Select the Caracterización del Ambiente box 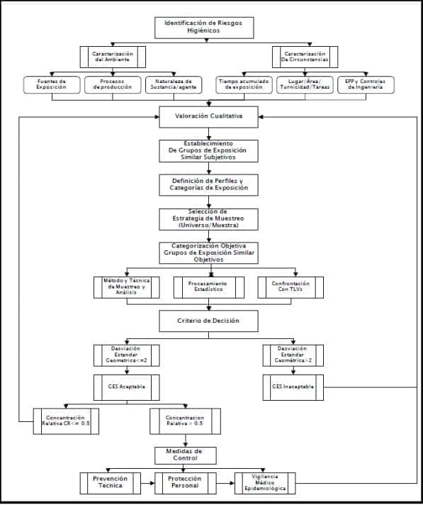point(113,57)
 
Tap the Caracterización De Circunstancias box point(305,57)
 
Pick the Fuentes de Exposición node point(51,85)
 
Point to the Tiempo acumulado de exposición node point(243,85)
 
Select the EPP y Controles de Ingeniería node point(366,85)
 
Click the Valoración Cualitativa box point(208,116)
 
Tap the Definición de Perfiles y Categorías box point(208,184)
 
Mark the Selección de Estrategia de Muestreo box point(208,218)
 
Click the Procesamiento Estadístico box point(208,287)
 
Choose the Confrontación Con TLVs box point(291,287)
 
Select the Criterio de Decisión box point(208,321)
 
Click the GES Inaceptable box point(293,387)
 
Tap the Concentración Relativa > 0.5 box point(184,422)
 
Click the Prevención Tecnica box point(111,483)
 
